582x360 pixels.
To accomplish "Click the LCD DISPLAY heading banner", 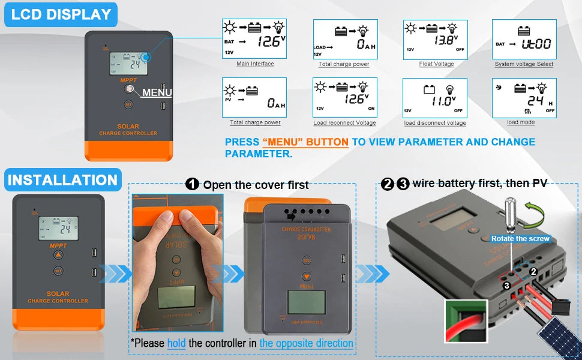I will [61, 14].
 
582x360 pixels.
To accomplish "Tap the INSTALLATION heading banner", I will [62, 180].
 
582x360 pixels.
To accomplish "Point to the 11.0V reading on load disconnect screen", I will [443, 100].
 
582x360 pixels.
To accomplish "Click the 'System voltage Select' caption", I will [524, 64].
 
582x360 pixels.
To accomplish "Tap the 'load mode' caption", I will [520, 122].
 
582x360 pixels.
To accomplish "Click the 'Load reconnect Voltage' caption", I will [344, 123].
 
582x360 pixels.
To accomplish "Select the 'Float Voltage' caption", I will [436, 64].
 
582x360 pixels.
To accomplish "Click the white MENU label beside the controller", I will [157, 92].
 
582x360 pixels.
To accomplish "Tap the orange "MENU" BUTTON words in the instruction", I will [305, 142].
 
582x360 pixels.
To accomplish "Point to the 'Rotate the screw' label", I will [520, 239].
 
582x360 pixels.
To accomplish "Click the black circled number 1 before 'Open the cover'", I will [192, 184].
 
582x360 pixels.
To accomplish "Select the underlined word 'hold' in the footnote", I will [176, 343].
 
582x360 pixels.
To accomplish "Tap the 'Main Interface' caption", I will [255, 64].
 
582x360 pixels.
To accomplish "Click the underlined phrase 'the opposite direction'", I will [306, 343].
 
